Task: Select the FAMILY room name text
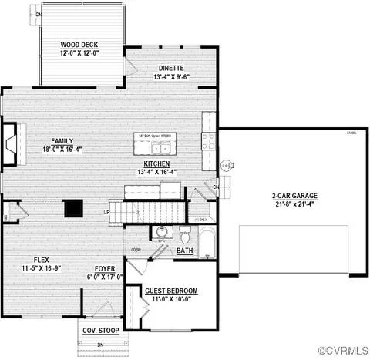click(x=62, y=141)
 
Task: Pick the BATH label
click(x=185, y=251)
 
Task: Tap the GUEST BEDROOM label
click(x=171, y=291)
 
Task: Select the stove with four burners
click(x=209, y=140)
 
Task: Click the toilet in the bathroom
click(x=184, y=232)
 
